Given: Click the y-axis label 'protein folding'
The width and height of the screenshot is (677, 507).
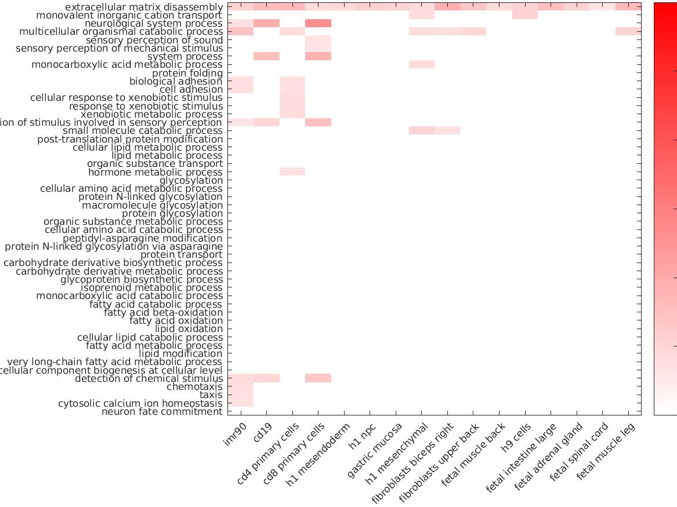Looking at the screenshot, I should (187, 74).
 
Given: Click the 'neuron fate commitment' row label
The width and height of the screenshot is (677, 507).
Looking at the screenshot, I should (162, 412).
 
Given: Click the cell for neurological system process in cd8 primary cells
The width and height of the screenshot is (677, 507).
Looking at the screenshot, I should (318, 24).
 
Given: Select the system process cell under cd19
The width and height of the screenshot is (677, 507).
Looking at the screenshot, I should (266, 57).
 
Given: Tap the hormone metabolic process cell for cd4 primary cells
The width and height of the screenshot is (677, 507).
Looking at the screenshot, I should (292, 172).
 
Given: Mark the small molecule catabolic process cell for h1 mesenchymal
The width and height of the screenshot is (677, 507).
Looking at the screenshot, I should (422, 131).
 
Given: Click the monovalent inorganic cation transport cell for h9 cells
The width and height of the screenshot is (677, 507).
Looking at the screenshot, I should (525, 15).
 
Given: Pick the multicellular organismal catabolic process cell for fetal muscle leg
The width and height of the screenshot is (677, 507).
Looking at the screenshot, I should (628, 32).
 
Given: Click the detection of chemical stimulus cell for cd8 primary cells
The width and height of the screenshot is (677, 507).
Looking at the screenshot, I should (318, 378).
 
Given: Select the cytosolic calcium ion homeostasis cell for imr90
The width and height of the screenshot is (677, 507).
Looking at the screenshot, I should (240, 403).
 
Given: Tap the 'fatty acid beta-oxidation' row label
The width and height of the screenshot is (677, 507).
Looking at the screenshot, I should (163, 313).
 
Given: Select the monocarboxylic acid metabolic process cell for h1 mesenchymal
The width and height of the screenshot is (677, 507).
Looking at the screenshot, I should (422, 65).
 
